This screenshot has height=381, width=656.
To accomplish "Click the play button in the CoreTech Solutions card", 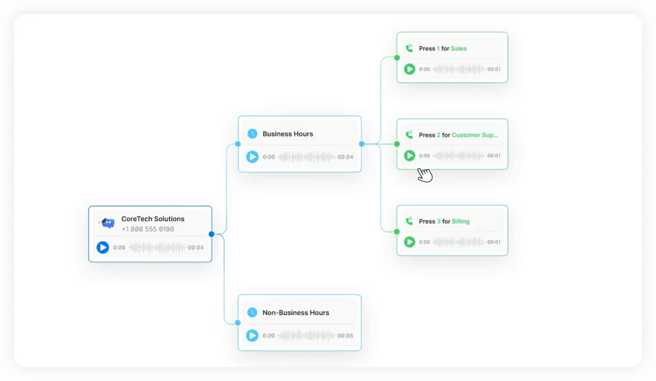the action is [102, 247].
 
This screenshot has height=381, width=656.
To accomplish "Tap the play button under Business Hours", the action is [252, 157].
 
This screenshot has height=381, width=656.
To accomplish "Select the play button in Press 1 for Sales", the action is [409, 69].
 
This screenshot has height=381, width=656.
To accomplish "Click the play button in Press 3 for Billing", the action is [409, 242].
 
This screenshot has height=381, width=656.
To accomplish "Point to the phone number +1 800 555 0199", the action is [148, 229].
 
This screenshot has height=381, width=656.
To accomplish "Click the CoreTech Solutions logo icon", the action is [107, 223].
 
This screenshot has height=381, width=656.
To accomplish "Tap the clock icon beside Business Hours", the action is [252, 134].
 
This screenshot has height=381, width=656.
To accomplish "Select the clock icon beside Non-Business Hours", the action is [252, 313].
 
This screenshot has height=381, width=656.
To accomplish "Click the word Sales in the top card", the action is [459, 48].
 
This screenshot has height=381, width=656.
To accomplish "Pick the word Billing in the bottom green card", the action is [461, 222].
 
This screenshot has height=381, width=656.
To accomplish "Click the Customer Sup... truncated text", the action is [475, 135].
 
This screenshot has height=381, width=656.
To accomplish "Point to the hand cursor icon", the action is [425, 175].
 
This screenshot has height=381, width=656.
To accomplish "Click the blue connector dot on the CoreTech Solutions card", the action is [212, 234].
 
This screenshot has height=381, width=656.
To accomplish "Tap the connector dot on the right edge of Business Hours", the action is [362, 144].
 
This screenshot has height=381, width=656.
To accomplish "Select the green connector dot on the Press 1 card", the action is [397, 58].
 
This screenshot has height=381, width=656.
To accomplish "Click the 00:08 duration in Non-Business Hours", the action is [345, 335].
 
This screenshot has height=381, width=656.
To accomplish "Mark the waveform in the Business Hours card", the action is [306, 157].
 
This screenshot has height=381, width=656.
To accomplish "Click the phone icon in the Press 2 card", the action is [409, 135].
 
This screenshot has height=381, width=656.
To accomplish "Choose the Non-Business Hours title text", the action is [296, 313].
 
